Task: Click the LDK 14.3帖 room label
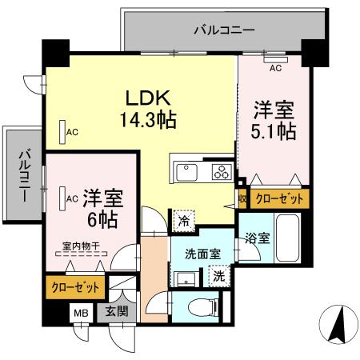(147, 108)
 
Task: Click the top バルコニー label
(224, 30)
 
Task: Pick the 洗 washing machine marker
(218, 276)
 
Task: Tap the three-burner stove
(219, 172)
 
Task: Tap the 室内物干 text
(80, 247)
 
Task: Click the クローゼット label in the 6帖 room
(76, 286)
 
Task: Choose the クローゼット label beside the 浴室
(278, 198)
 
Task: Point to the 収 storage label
(242, 198)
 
